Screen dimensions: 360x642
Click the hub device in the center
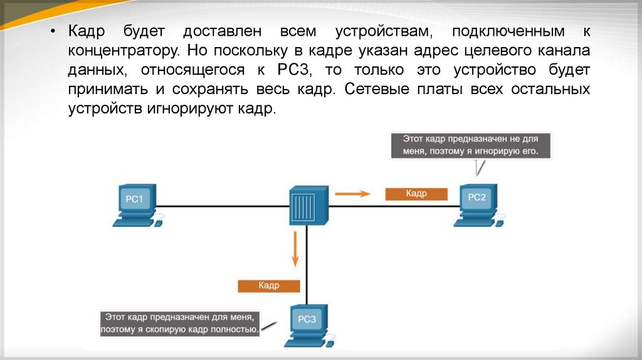[x=308, y=204]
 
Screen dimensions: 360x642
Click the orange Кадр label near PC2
[x=416, y=194]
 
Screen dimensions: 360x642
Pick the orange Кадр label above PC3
[x=269, y=285]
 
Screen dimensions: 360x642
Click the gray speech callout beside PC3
[x=180, y=324]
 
